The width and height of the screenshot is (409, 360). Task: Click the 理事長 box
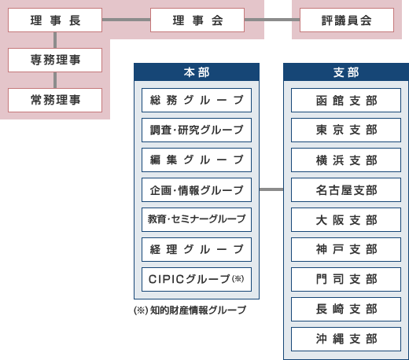[54, 20]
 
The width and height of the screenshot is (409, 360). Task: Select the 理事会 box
[197, 20]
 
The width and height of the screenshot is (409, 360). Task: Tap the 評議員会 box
[346, 20]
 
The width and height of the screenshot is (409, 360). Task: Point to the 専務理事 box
[54, 59]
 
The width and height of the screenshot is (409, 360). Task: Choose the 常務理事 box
[54, 100]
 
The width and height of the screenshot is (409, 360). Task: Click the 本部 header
[197, 72]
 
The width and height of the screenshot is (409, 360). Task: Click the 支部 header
[346, 72]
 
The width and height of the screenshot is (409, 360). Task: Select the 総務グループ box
[197, 100]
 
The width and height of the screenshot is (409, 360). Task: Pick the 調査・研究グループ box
[197, 130]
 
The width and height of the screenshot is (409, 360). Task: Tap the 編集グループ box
[197, 160]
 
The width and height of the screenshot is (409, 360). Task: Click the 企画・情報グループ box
[197, 189]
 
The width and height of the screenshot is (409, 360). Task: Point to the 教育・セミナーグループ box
[197, 219]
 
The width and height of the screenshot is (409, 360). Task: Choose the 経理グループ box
[197, 249]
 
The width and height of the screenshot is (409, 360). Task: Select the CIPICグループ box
[197, 279]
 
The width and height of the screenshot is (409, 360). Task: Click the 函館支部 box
[346, 100]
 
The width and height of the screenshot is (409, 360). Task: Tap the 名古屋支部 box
[346, 189]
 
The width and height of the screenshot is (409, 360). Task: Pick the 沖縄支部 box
[346, 339]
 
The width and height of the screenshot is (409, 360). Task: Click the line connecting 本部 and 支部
[271, 189]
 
